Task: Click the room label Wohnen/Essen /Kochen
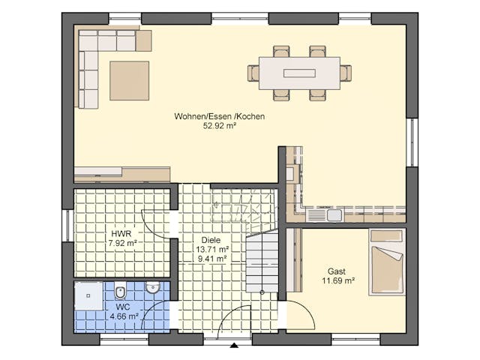click(x=219, y=117)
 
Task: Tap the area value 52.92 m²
click(x=219, y=127)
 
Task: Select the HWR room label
click(x=121, y=233)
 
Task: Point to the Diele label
click(x=211, y=240)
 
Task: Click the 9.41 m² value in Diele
click(x=211, y=259)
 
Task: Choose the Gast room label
click(x=337, y=271)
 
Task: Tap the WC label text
click(x=122, y=307)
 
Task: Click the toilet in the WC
click(x=121, y=292)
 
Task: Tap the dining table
click(x=299, y=73)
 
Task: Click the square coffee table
click(x=130, y=80)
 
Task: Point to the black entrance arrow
click(x=234, y=346)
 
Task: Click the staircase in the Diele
click(x=262, y=262)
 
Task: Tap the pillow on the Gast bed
click(x=387, y=236)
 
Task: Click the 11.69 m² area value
click(x=338, y=281)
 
